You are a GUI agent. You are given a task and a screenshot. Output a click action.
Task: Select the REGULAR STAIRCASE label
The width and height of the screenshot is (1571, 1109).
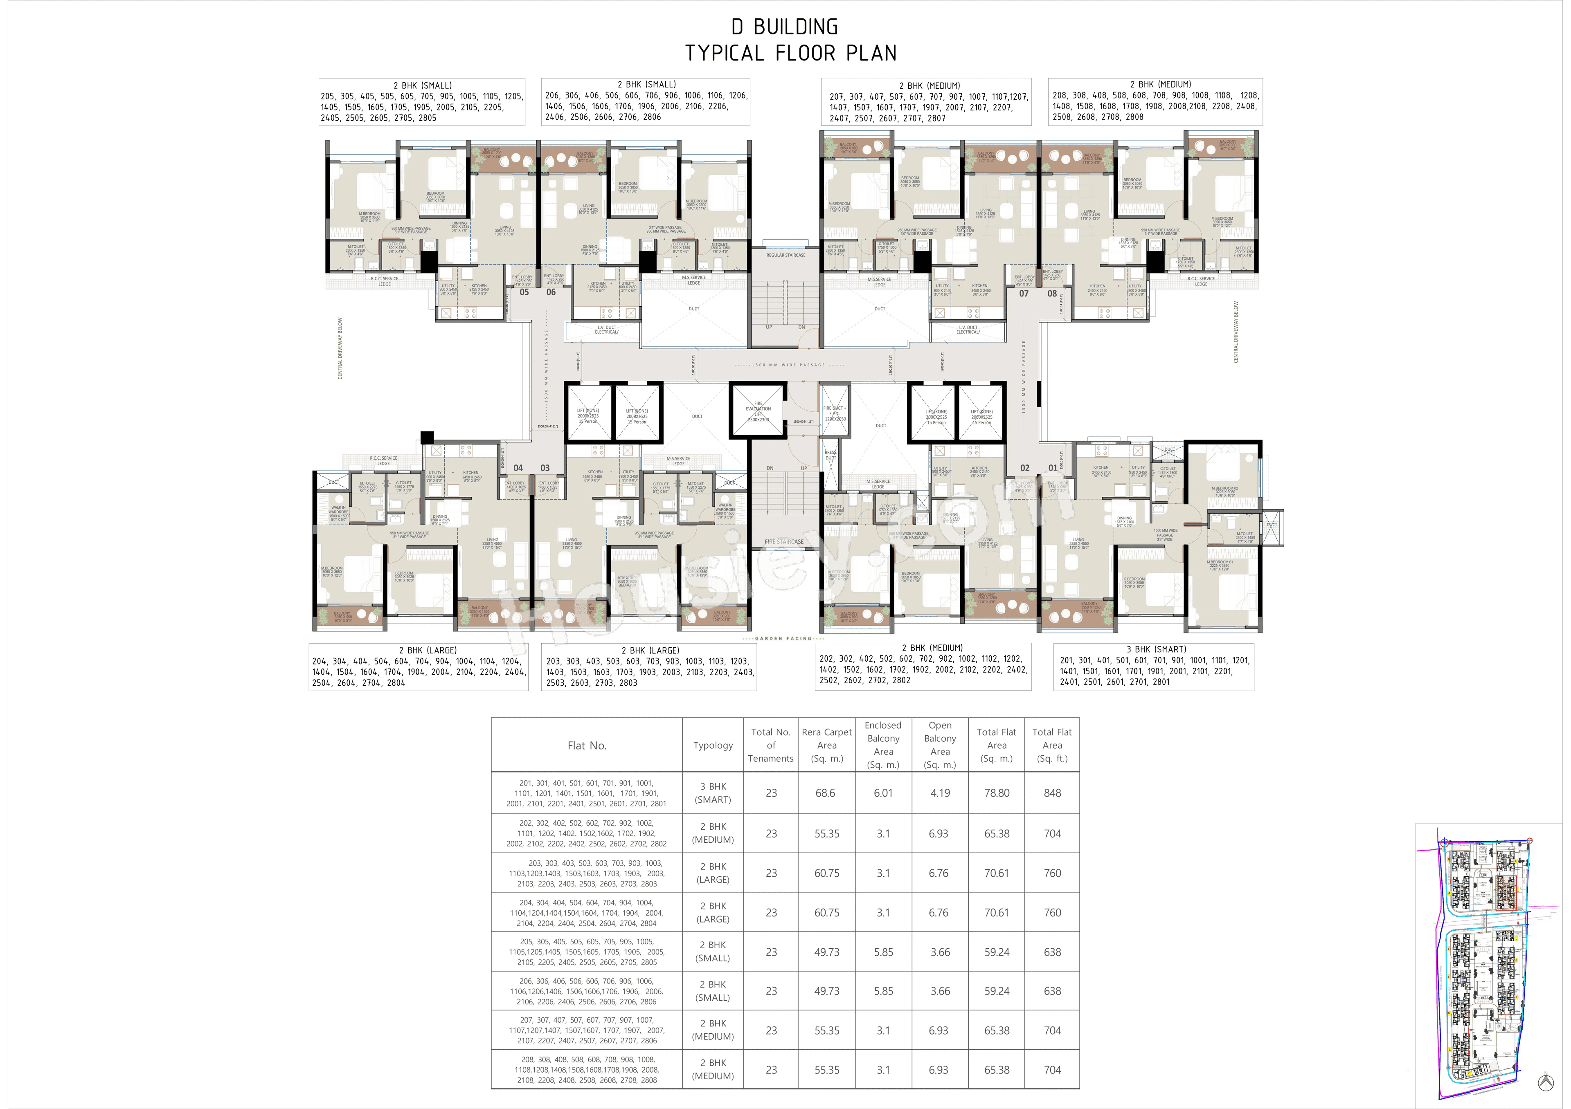(x=785, y=255)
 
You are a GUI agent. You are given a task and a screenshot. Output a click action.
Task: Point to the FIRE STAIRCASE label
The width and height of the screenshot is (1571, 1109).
(x=784, y=541)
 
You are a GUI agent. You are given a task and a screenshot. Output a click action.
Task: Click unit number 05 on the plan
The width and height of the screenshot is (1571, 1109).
(x=524, y=292)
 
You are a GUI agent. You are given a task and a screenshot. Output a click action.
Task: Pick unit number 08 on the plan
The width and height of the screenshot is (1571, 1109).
(x=1052, y=293)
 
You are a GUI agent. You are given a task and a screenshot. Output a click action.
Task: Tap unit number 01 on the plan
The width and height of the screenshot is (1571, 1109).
(x=1052, y=468)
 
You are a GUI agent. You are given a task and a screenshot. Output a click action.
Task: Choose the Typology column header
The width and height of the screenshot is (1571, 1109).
(x=713, y=745)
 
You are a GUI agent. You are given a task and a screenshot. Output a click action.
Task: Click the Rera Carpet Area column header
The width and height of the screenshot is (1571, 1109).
(x=826, y=745)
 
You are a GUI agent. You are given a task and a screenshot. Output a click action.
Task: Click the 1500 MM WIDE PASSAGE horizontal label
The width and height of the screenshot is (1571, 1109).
(x=788, y=365)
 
